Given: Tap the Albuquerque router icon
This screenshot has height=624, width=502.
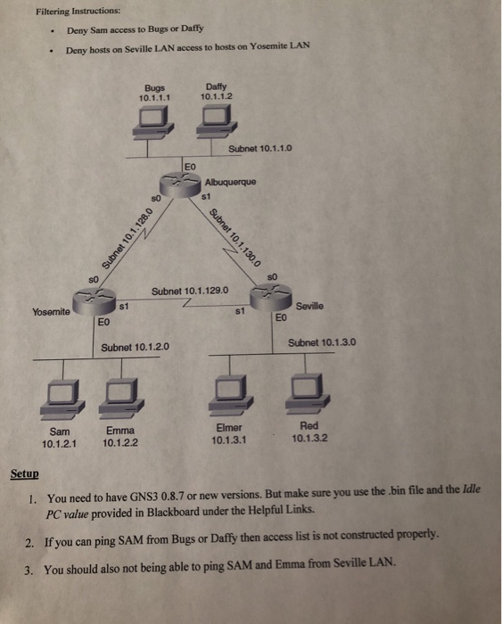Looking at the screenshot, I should pos(189,181).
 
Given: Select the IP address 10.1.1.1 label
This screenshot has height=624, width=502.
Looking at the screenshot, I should pos(155,96).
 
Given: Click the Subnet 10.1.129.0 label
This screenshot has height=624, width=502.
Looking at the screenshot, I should pos(192,291).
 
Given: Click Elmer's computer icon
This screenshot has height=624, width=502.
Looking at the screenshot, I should pos(229,390).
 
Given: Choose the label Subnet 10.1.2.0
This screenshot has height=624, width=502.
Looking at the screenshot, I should pos(136,347).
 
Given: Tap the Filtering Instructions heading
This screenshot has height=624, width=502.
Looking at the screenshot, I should pos(78,11).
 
